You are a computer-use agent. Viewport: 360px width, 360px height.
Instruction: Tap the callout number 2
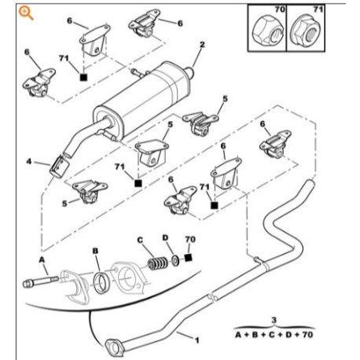pos(202,46)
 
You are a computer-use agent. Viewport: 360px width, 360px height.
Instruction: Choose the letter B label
pos(95,251)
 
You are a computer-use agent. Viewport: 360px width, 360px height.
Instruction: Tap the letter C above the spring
pos(139,240)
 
